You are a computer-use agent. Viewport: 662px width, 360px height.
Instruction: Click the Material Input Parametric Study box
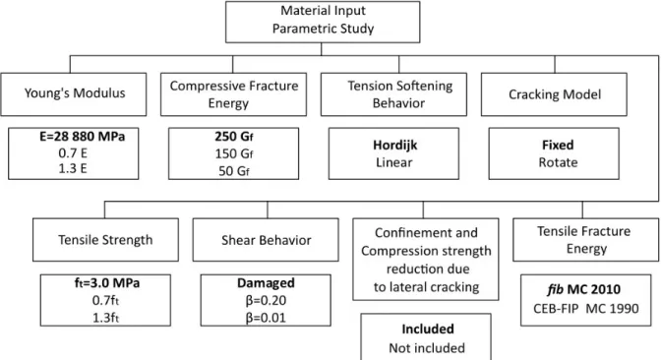point(323,22)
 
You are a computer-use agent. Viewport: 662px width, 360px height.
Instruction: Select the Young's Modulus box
point(74,94)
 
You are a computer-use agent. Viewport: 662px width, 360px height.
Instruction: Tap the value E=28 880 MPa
point(83,137)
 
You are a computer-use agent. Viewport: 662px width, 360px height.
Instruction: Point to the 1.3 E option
point(73,168)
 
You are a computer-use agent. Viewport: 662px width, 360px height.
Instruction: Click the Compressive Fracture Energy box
point(233,94)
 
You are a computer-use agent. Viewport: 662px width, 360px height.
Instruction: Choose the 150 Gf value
point(234,153)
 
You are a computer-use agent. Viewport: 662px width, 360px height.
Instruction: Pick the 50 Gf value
point(234,171)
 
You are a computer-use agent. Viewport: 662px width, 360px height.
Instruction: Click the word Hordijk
point(394,146)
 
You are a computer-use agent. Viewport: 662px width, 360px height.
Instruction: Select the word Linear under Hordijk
point(393,162)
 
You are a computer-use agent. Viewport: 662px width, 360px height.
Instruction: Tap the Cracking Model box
point(554,94)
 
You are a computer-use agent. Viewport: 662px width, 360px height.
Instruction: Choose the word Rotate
point(558,162)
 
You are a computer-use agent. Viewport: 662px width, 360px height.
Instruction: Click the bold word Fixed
point(558,146)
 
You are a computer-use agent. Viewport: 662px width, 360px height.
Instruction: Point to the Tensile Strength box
point(105,240)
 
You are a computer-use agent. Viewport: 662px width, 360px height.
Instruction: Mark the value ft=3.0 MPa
point(107,282)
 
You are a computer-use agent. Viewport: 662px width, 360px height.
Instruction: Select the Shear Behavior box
point(266,240)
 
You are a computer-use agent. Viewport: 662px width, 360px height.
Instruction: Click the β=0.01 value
point(266,318)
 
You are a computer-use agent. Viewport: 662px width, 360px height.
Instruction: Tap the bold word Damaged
point(266,282)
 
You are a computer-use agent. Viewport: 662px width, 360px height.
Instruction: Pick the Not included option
point(427,348)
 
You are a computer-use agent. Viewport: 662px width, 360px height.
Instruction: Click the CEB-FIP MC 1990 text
point(585,309)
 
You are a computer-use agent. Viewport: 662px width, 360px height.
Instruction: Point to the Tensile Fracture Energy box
point(585,240)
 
